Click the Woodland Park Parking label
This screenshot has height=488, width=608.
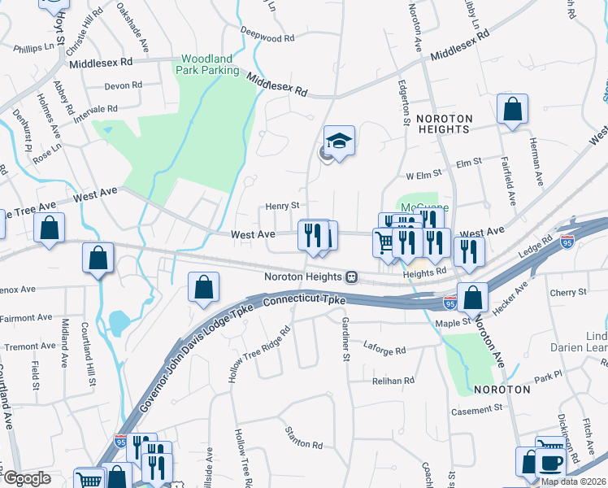[209, 64]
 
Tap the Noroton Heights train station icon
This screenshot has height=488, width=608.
[352, 277]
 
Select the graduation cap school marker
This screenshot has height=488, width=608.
[340, 141]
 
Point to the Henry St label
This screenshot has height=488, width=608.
[284, 206]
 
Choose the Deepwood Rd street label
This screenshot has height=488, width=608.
[267, 37]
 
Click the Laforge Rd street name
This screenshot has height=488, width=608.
[384, 350]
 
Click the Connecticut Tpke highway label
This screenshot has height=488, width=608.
[306, 302]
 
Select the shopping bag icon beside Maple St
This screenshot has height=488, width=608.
[472, 298]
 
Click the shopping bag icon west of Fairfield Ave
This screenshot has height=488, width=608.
[512, 110]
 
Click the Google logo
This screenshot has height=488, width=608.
[28, 478]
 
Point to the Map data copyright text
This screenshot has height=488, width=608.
[572, 481]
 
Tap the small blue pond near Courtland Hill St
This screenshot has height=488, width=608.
[118, 322]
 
